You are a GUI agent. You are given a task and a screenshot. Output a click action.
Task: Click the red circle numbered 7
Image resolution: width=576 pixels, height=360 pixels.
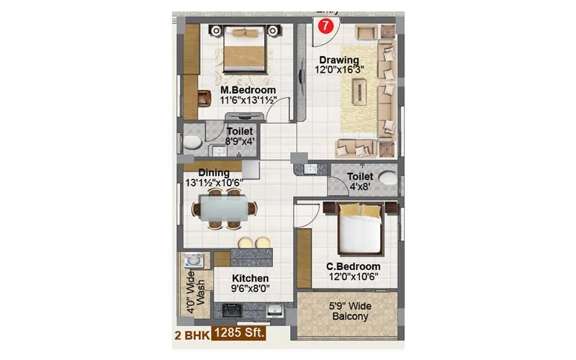click(326, 26)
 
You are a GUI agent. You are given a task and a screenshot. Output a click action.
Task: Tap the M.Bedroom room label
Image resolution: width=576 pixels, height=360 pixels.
click(248, 90)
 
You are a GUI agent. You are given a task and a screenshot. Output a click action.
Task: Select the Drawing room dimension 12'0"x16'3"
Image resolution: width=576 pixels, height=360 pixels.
click(339, 71)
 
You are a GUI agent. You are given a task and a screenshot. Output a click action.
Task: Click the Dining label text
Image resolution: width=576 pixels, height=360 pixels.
click(213, 173)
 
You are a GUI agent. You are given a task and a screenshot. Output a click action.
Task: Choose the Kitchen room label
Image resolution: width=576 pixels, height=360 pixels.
click(251, 278)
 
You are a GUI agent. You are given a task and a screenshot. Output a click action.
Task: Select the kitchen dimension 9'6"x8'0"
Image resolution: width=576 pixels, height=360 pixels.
click(251, 289)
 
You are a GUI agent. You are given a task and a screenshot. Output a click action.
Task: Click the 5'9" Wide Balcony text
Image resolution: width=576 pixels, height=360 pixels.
click(350, 311)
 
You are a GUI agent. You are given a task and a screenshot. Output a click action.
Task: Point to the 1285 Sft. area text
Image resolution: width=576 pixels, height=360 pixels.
click(238, 335)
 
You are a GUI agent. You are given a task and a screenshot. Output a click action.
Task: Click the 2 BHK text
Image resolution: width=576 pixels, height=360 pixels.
click(189, 336)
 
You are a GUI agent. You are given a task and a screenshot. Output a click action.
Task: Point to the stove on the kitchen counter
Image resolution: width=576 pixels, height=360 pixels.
click(234, 310)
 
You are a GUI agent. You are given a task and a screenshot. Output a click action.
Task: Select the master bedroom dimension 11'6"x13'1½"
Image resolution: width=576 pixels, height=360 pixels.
click(248, 101)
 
